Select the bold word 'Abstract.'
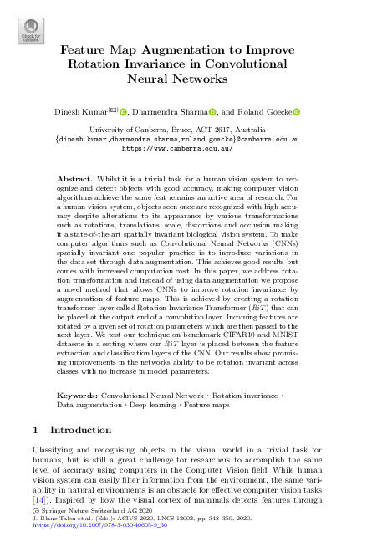point(74,180)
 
